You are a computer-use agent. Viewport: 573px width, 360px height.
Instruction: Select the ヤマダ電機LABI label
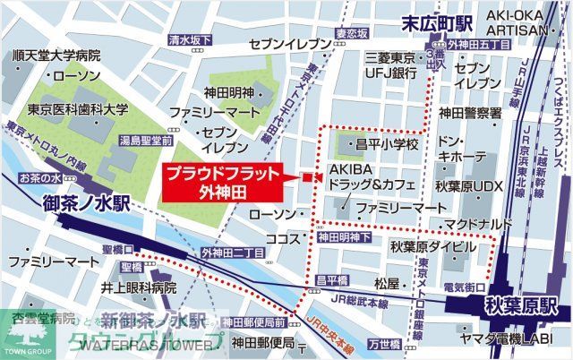tap(504, 340)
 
